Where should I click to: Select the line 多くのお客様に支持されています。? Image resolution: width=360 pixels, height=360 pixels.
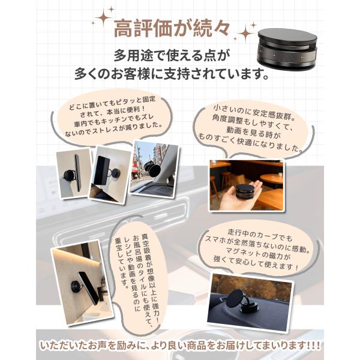coord(174,77)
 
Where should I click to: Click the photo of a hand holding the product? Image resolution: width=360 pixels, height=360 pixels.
coord(245,185)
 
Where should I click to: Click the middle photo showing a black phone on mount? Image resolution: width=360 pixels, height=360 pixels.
coord(110,174)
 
